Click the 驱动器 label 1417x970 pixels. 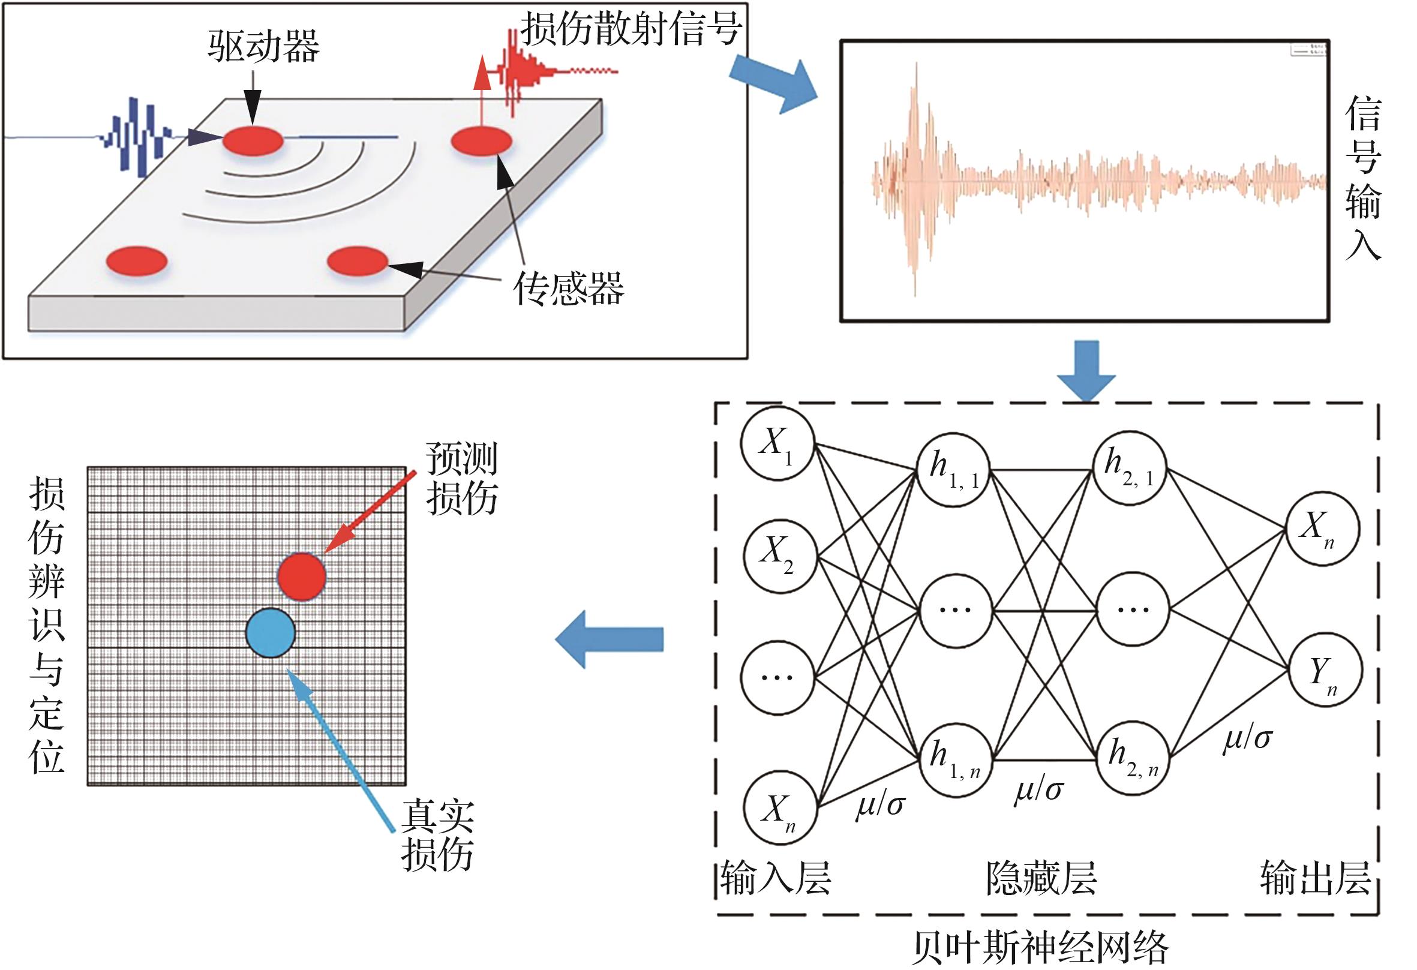(x=263, y=46)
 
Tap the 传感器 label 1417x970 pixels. (x=568, y=289)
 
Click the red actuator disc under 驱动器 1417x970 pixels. (x=253, y=141)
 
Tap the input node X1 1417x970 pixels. (x=777, y=443)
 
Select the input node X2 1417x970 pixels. (x=779, y=555)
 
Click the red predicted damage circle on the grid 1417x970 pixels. (x=302, y=576)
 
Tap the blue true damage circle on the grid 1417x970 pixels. (x=271, y=633)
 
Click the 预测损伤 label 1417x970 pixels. (x=461, y=479)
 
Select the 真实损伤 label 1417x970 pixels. (x=437, y=835)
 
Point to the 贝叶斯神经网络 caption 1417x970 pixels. (x=1041, y=947)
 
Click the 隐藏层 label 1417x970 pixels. (x=1041, y=879)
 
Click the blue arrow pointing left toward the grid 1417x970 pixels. (x=610, y=639)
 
